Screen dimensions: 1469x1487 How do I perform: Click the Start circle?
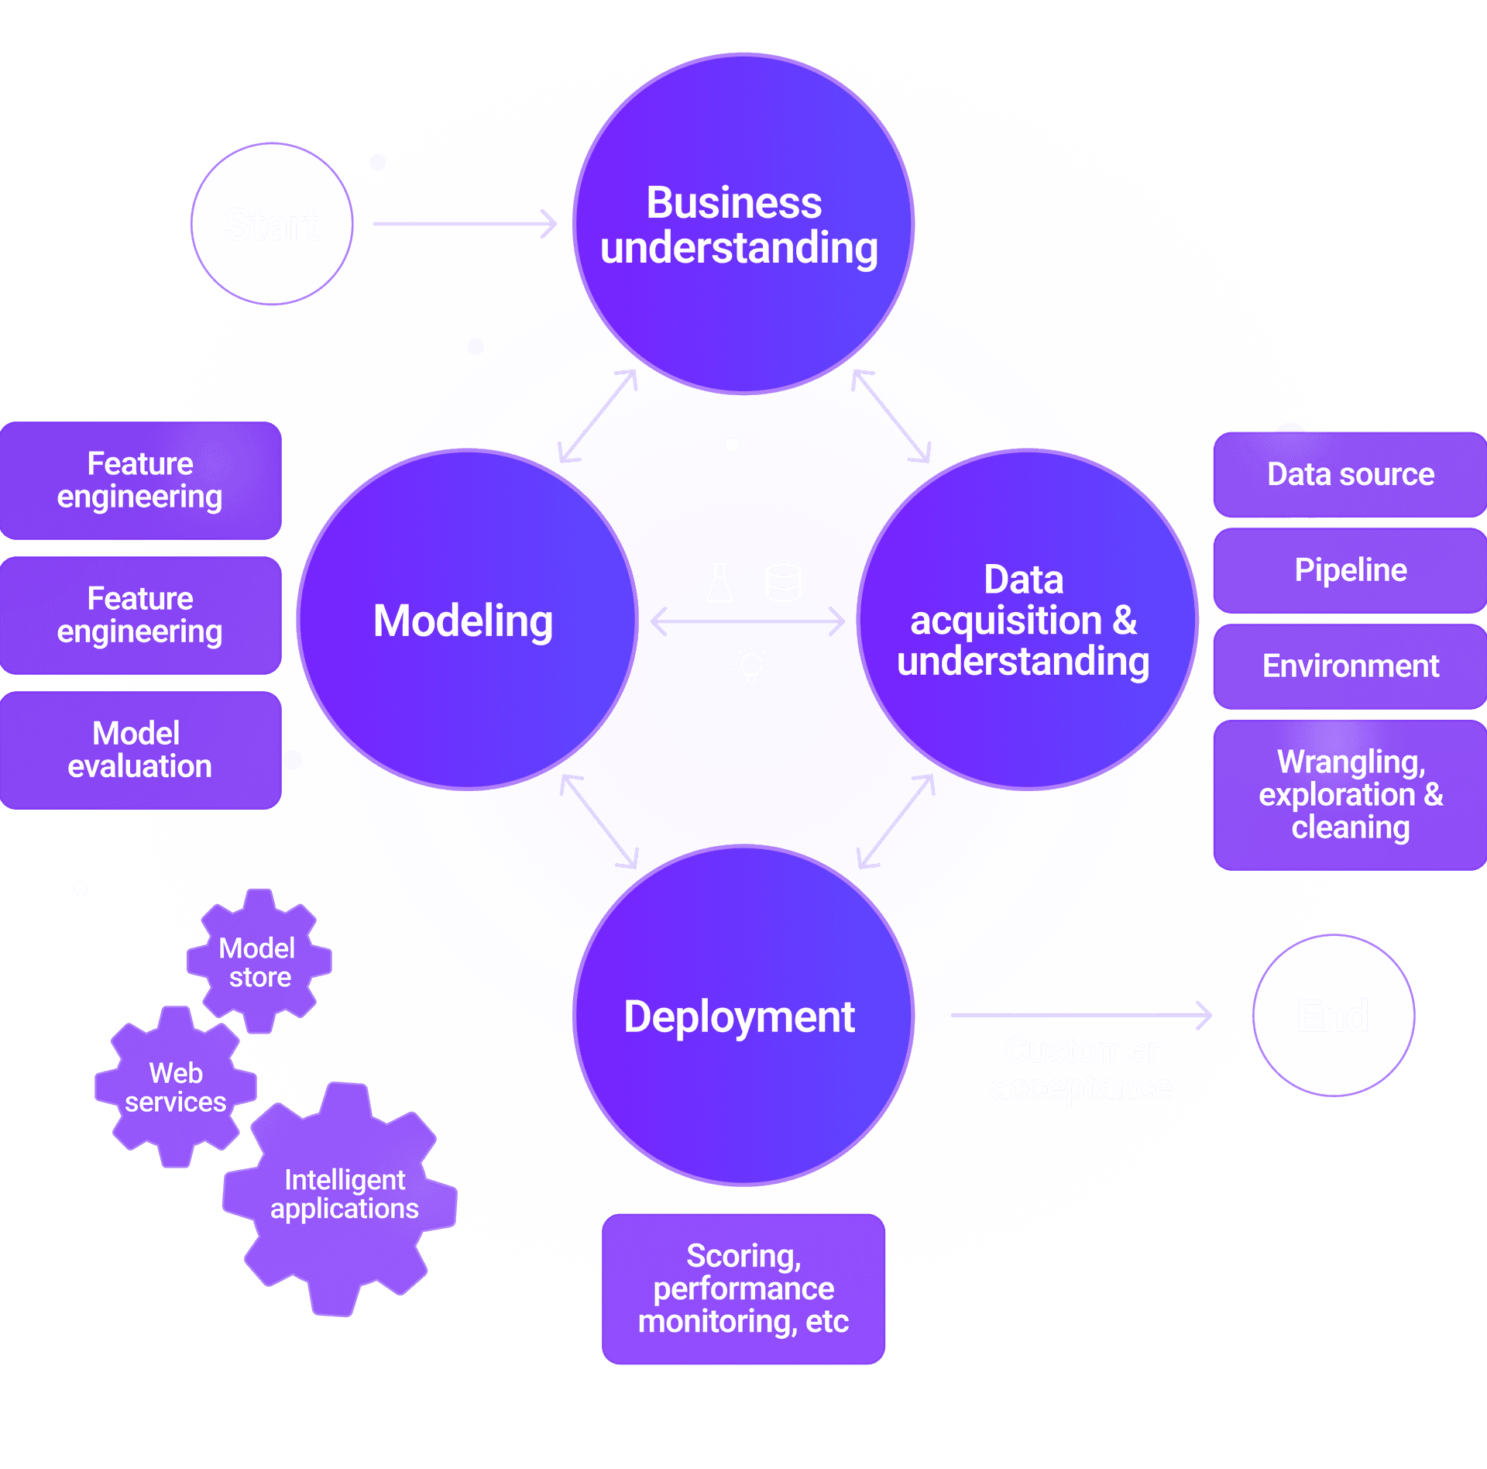coord(272,224)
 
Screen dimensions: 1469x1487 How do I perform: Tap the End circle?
coord(1333,1015)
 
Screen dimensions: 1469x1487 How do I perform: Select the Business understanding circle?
coord(743,224)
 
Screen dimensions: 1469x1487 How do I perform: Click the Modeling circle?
coord(466,620)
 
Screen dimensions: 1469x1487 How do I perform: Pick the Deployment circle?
coord(743,1015)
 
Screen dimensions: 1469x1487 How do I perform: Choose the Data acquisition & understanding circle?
coord(1026,620)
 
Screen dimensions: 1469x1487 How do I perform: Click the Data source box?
coord(1349,474)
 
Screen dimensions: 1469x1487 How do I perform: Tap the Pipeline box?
coord(1349,570)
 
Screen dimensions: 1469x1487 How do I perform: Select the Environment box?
coord(1349,666)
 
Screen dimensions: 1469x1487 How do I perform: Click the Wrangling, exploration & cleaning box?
coord(1349,795)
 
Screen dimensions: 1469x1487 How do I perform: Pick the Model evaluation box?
coord(140,750)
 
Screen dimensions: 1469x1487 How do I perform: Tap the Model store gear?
coord(259,962)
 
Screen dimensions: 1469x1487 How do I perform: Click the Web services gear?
coord(176,1087)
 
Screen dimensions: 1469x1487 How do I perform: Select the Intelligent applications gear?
coord(343,1195)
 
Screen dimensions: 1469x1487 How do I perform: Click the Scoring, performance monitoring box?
coord(743,1288)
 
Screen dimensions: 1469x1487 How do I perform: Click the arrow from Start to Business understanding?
coord(465,224)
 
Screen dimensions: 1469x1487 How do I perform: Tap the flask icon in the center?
coord(719,583)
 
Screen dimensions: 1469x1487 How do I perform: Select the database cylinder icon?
coord(783,583)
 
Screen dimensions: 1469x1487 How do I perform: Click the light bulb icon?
coord(751,665)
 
